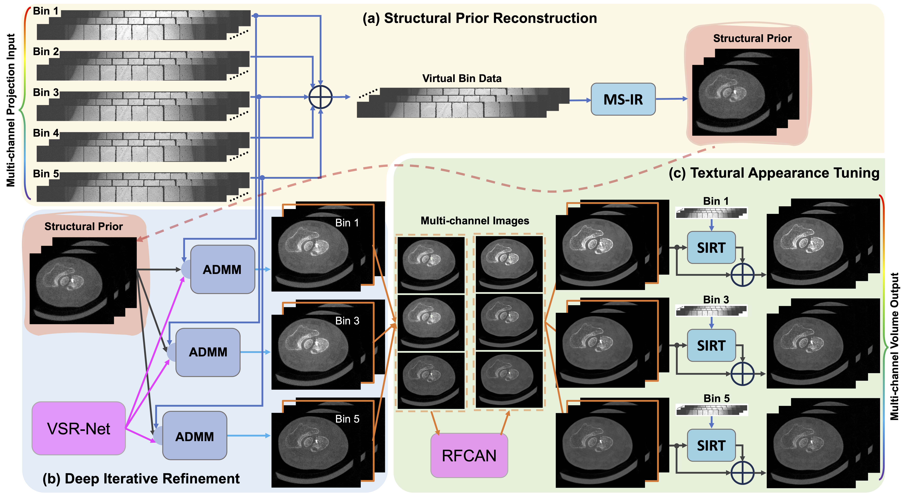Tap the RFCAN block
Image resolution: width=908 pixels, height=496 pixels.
point(469,456)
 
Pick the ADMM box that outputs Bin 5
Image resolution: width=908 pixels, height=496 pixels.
point(195,436)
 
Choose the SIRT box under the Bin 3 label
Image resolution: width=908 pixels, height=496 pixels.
point(711,346)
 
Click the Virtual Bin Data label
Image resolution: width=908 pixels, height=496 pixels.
point(462,78)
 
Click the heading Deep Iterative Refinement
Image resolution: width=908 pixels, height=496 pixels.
point(141,478)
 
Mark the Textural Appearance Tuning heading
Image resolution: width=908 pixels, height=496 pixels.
point(774,173)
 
